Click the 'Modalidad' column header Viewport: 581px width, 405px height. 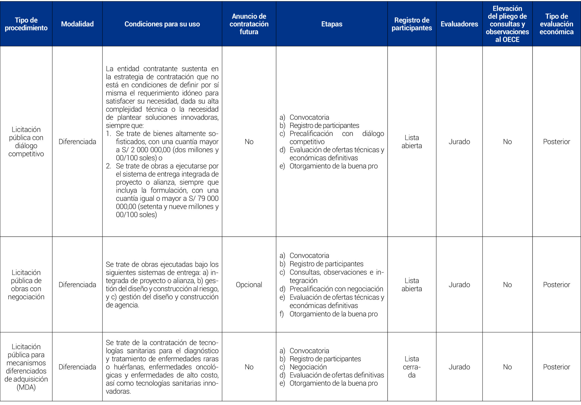[x=77, y=24]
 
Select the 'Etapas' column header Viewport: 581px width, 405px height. [x=332, y=24]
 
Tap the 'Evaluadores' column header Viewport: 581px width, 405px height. [x=459, y=24]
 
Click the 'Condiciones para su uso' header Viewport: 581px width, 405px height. [x=162, y=24]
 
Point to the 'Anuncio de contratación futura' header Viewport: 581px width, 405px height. [x=249, y=24]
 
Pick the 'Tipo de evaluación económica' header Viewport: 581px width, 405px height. [x=556, y=24]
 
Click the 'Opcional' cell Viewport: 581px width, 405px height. [x=249, y=285]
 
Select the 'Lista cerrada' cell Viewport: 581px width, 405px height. [x=411, y=367]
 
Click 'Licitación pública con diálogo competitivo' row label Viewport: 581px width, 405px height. [x=26, y=141]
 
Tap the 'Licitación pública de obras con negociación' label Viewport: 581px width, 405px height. [x=26, y=284]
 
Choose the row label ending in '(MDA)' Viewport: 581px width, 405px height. [x=26, y=367]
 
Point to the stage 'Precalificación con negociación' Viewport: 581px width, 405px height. [x=336, y=289]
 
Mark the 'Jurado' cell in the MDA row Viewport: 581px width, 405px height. [x=459, y=367]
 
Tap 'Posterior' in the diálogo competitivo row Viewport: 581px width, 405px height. [x=556, y=141]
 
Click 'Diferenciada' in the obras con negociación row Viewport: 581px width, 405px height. [x=77, y=285]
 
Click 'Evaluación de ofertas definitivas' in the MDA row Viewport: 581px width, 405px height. [x=337, y=375]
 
